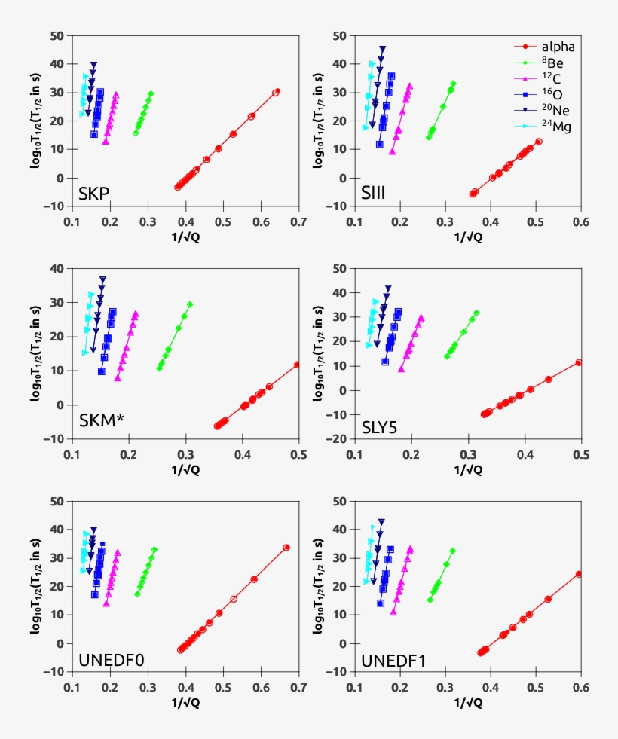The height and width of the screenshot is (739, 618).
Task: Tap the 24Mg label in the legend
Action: pos(540,127)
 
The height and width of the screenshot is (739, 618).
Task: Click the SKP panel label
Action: pos(94,194)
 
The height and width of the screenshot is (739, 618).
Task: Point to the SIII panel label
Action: pos(373,194)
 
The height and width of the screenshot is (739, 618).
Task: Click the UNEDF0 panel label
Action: pos(112,661)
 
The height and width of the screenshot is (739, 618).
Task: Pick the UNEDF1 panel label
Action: pos(393,661)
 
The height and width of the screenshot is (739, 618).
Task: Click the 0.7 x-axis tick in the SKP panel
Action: pos(298,222)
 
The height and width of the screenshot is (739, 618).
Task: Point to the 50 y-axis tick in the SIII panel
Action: pos(339,35)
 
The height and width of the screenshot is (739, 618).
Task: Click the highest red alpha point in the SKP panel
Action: pos(277,92)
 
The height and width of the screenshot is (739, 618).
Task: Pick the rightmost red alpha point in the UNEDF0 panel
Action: pos(286,548)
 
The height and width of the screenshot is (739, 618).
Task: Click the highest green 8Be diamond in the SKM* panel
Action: pos(190,304)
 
